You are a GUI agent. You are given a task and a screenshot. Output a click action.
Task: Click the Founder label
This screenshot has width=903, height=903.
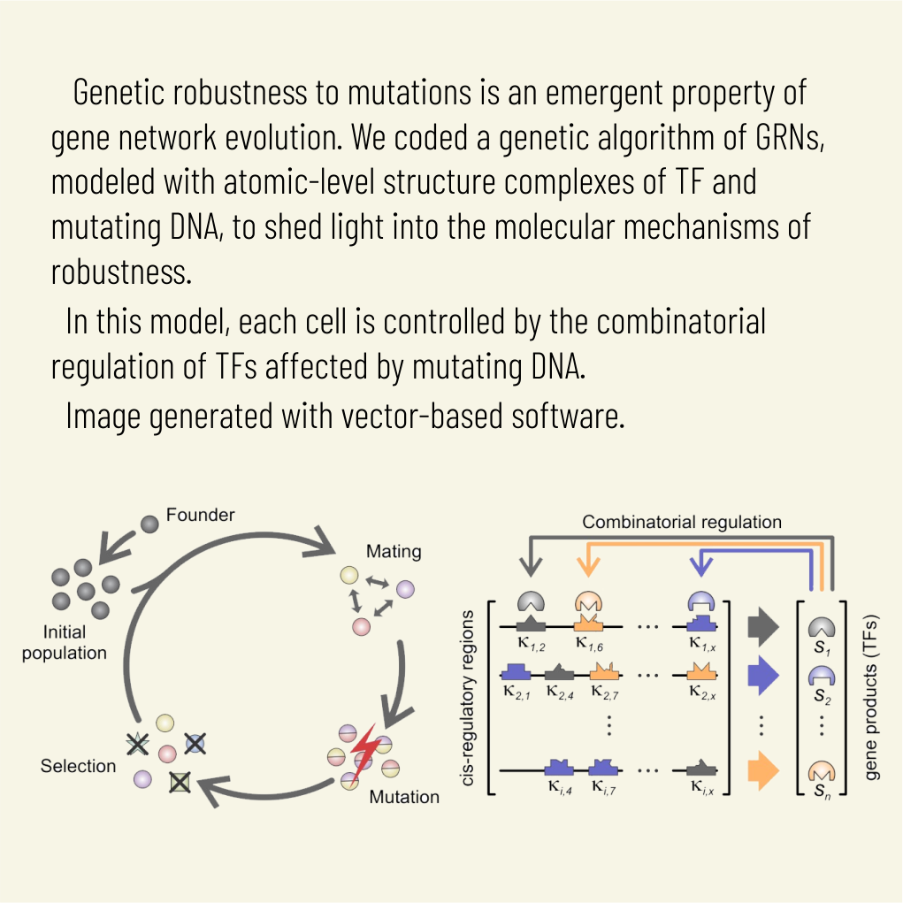pos(200,515)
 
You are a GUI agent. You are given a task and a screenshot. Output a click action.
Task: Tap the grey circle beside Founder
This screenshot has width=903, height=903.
pos(150,524)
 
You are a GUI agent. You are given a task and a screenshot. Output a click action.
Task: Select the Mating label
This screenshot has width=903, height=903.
pos(393,551)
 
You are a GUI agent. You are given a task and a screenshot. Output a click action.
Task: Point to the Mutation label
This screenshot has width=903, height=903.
pos(404,797)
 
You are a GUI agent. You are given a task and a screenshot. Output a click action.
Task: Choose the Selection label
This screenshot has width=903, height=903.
pos(78,766)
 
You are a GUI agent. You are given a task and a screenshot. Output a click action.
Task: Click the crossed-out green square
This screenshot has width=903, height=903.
pos(180,782)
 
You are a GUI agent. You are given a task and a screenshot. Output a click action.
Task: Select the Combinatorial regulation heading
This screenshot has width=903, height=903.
pos(681,522)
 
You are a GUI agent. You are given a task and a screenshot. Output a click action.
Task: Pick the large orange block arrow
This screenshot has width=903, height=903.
pos(762,769)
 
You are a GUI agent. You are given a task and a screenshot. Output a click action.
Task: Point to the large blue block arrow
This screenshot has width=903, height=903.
pos(762,676)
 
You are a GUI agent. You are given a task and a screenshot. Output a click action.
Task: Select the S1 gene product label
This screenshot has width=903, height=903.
pos(822,647)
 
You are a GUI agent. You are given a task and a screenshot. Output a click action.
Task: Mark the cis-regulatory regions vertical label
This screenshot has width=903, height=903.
pos(469,698)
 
